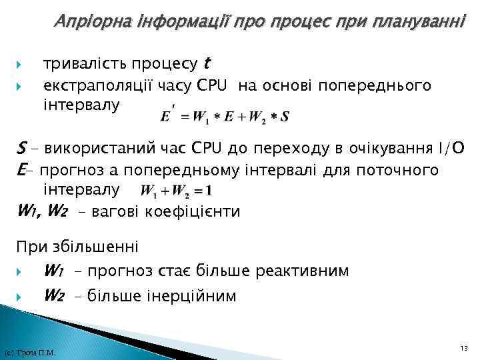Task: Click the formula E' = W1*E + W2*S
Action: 225,116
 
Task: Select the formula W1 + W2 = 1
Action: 177,191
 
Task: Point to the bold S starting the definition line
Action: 21,148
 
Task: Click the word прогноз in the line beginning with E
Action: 63,170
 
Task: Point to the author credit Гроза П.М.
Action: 29,352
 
